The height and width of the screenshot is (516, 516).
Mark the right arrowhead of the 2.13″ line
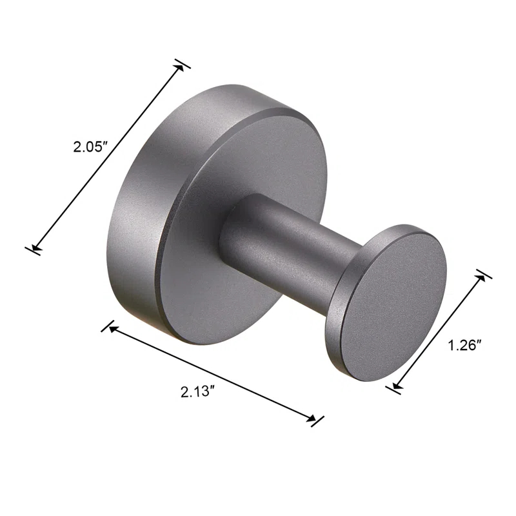[312, 419]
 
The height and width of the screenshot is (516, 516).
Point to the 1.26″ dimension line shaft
[439, 330]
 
